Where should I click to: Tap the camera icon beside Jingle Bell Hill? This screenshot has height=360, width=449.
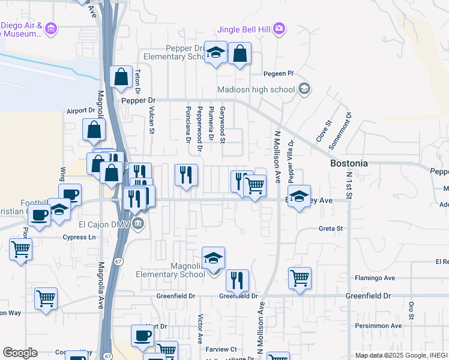pos(279,28)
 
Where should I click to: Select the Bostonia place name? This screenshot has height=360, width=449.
pos(349,163)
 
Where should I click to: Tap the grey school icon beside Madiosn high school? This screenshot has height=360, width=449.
pos(304,89)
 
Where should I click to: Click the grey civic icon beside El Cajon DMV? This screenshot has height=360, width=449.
pos(139,224)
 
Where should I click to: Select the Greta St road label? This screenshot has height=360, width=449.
pos(330,229)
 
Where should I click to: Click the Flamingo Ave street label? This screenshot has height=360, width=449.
pos(374,278)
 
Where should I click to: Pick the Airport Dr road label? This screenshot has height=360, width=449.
pos(81,111)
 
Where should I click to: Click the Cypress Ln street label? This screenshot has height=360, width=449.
pos(79,237)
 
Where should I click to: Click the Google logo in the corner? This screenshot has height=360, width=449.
pos(20,353)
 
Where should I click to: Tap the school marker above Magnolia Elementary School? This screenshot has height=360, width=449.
pos(214,257)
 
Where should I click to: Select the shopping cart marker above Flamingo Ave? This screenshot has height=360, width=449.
pos(300,278)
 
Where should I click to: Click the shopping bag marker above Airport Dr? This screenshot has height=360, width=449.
pos(95,129)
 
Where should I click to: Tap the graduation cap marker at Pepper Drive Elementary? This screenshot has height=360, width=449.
pos(215,52)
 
